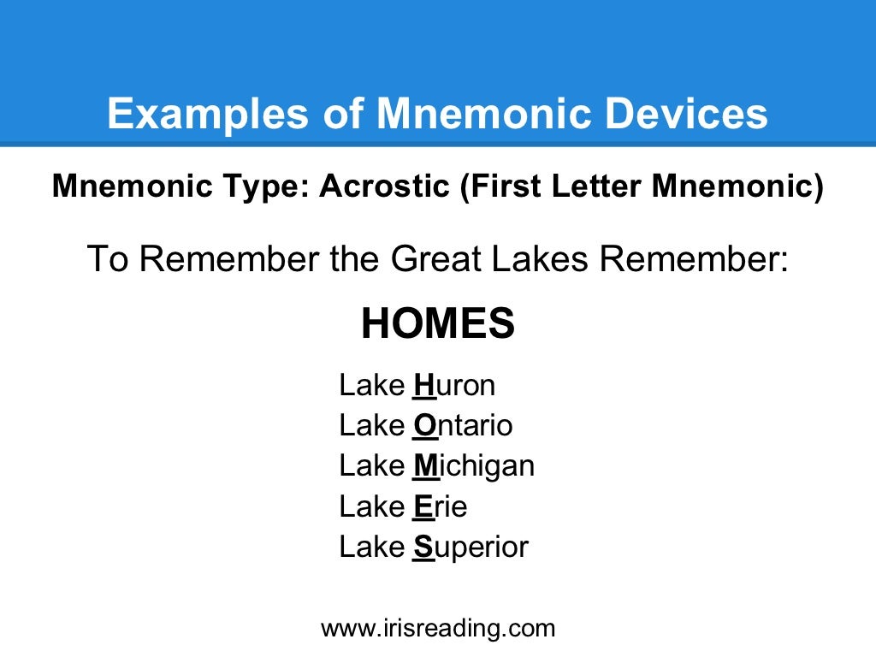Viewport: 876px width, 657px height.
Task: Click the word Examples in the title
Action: pyautogui.click(x=208, y=115)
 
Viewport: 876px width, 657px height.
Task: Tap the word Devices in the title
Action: pyautogui.click(x=687, y=114)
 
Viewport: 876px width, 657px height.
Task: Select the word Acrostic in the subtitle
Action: pyautogui.click(x=384, y=186)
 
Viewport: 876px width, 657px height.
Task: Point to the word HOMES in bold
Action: pyautogui.click(x=438, y=323)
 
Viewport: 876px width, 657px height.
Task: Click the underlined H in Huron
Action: pyautogui.click(x=424, y=386)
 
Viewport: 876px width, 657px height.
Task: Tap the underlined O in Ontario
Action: pyautogui.click(x=424, y=426)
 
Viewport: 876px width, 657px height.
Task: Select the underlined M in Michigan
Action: pyautogui.click(x=426, y=466)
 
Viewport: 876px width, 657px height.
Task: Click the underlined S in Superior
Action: pyautogui.click(x=424, y=547)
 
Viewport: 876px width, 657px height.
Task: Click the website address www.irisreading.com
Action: pyautogui.click(x=438, y=629)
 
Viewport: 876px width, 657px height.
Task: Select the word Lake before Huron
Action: pyautogui.click(x=372, y=385)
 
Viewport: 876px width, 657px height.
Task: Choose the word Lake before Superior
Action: pyautogui.click(x=372, y=547)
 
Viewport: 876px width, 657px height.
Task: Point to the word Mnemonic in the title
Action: pyautogui.click(x=484, y=114)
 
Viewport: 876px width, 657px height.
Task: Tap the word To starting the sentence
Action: pyautogui.click(x=108, y=259)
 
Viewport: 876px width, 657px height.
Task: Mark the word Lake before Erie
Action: pyautogui.click(x=372, y=506)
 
